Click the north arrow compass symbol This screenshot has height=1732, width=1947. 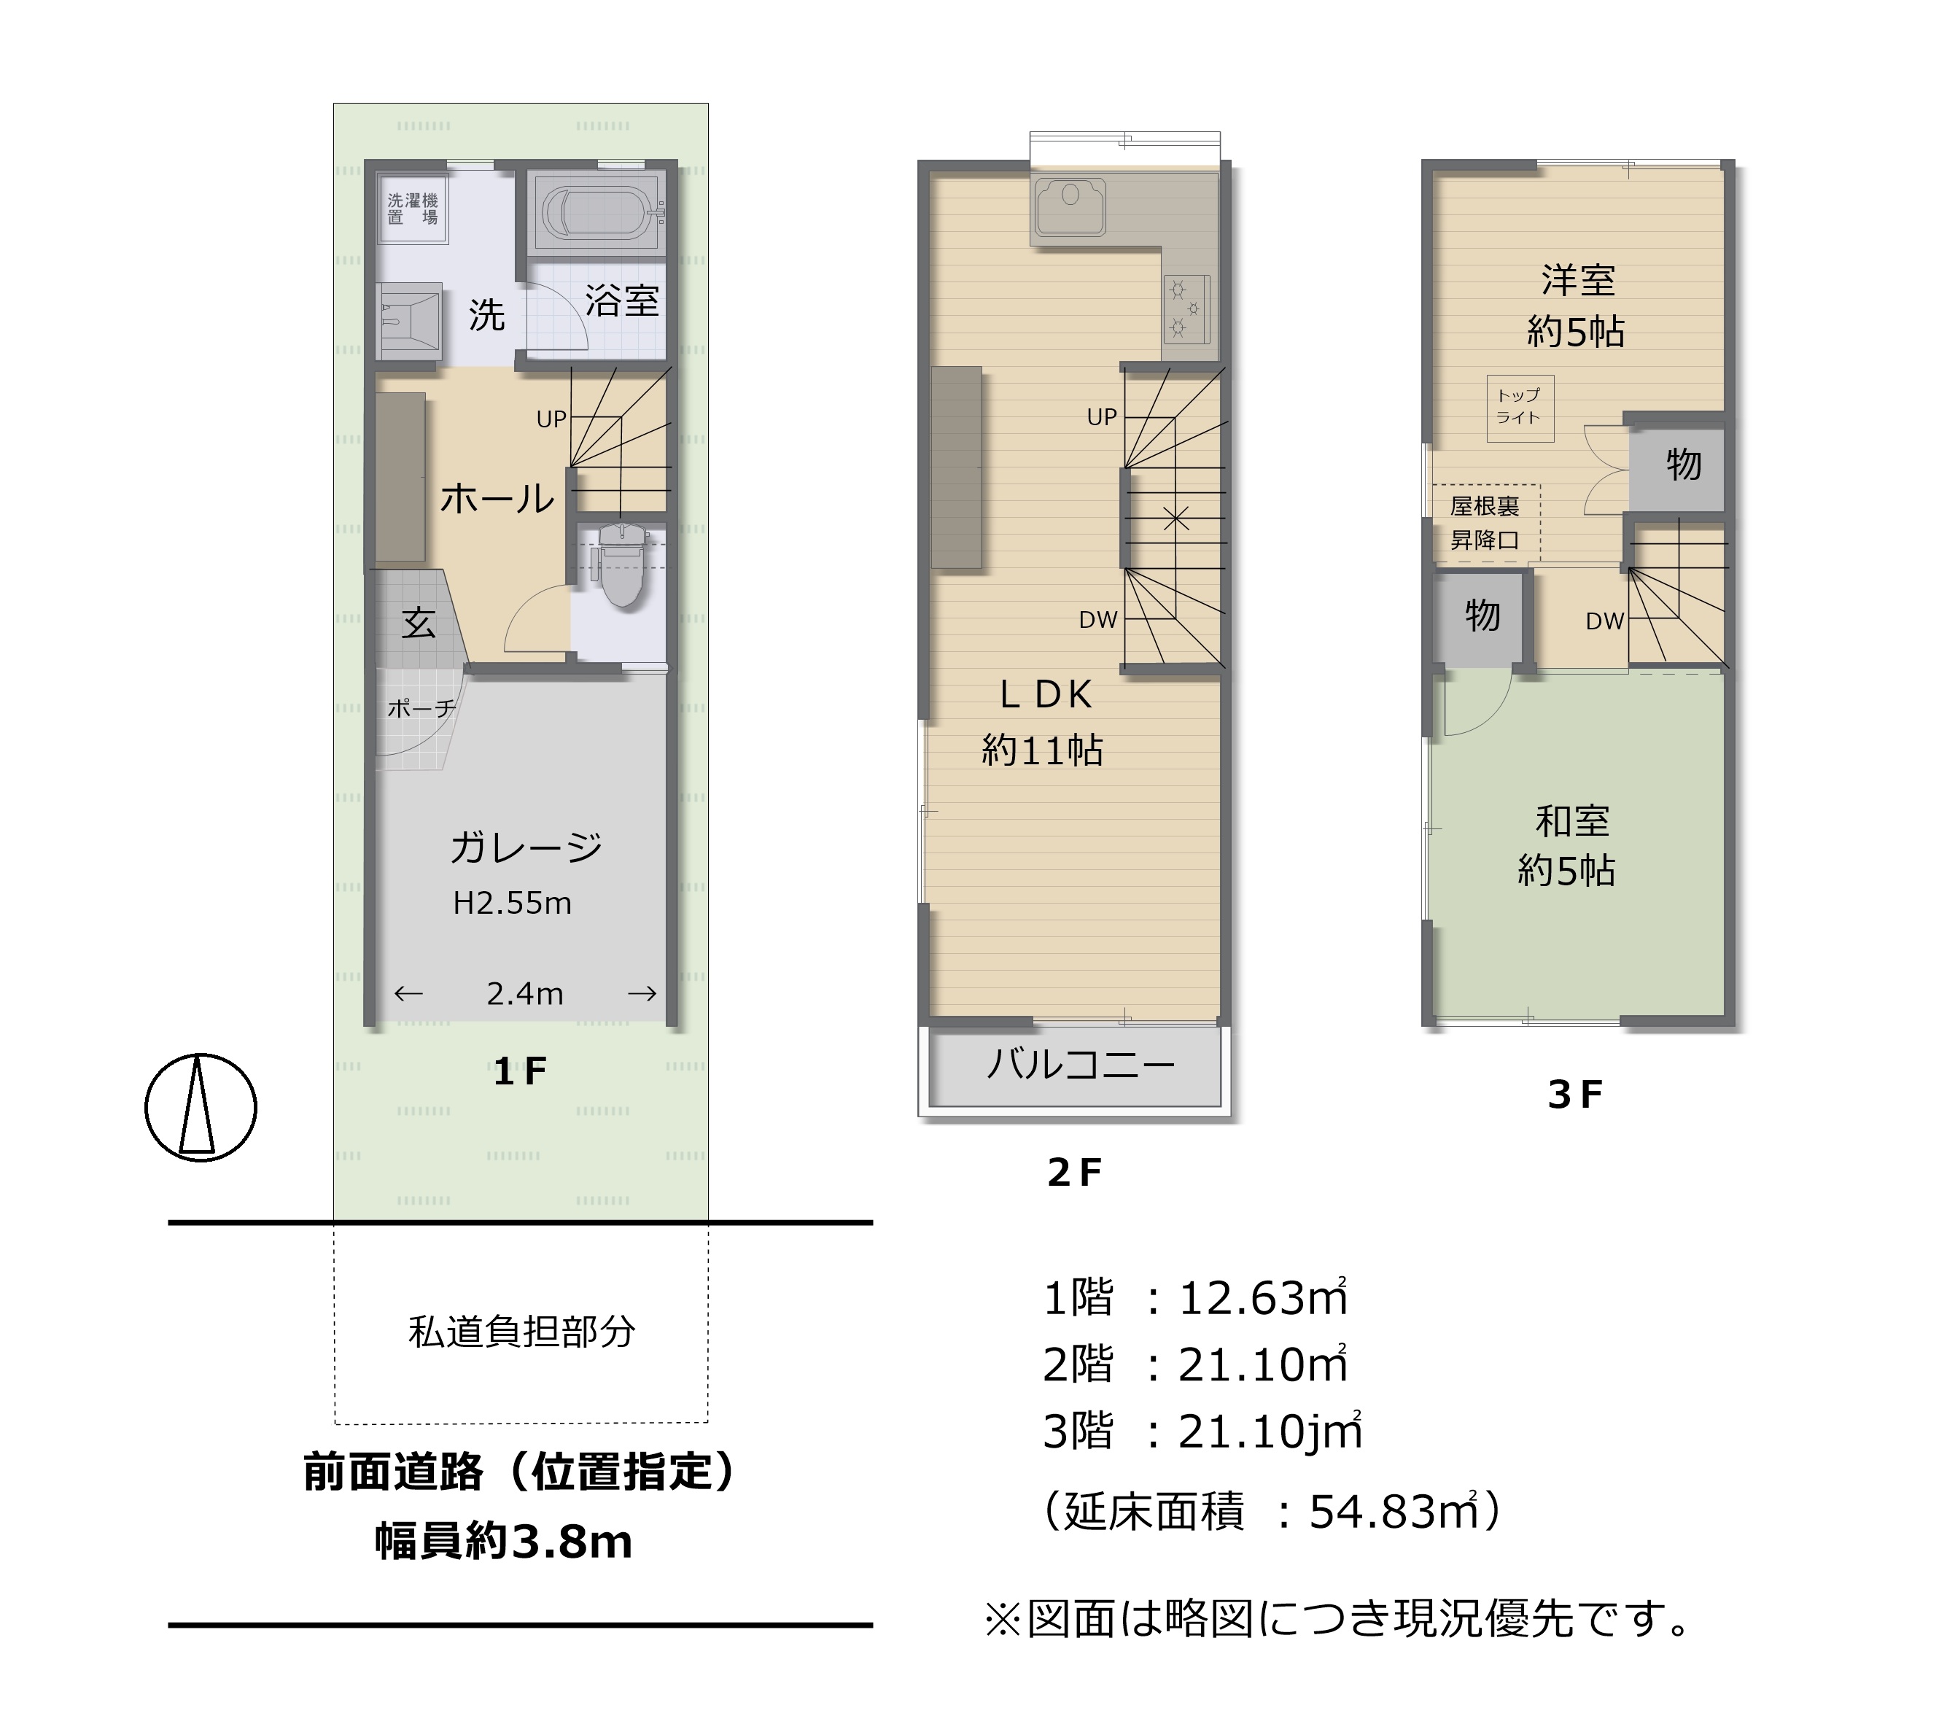[200, 1106]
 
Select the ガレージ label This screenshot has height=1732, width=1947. [526, 847]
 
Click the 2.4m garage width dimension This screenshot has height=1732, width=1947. [525, 994]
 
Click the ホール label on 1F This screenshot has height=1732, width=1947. [497, 498]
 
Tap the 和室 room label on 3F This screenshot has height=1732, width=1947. [1573, 820]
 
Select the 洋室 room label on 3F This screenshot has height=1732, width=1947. [1578, 280]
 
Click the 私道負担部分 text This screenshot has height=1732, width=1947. [522, 1331]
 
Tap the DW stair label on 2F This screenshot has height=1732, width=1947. [1098, 620]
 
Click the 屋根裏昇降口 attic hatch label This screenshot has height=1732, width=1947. [1484, 523]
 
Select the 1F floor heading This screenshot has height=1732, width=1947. [520, 1073]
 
